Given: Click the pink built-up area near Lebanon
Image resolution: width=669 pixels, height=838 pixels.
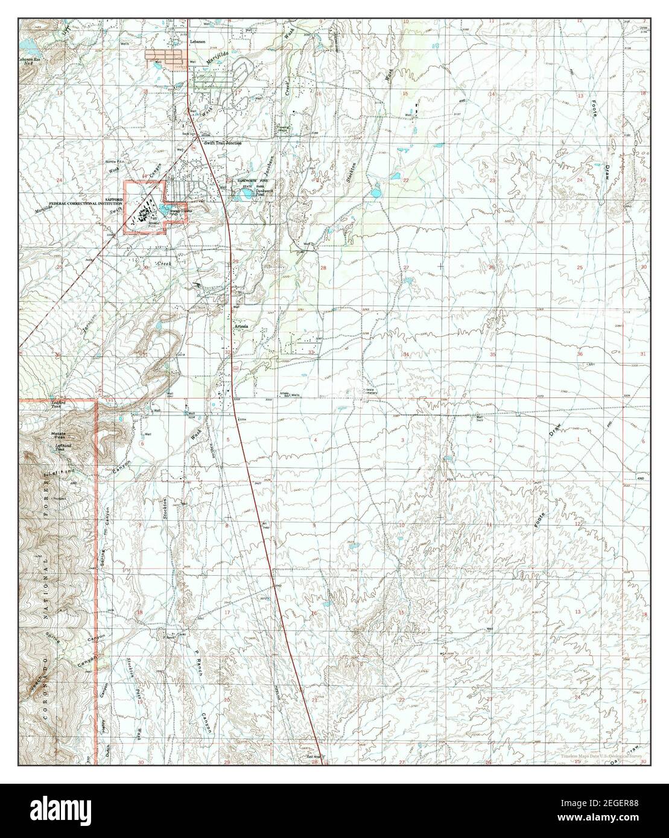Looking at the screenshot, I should pyautogui.click(x=163, y=57).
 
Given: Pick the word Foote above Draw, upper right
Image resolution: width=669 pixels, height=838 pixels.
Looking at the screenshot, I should pyautogui.click(x=593, y=108).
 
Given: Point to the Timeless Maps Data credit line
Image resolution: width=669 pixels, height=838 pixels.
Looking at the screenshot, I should pyautogui.click(x=601, y=755).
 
